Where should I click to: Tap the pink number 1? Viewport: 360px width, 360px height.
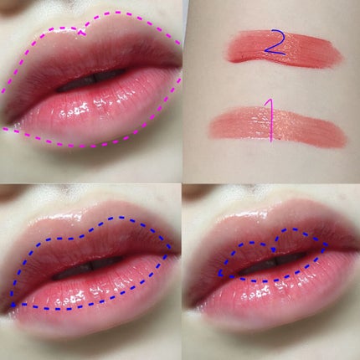point(270,121)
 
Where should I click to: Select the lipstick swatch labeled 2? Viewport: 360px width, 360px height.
point(283,49)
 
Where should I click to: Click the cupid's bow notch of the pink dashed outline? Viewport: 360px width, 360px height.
point(81,33)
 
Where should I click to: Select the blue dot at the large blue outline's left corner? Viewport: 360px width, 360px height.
point(13,305)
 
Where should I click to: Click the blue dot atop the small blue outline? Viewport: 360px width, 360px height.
point(274,249)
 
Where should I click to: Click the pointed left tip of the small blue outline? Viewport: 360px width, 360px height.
point(219,274)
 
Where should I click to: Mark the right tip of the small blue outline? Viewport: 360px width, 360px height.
point(327,245)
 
